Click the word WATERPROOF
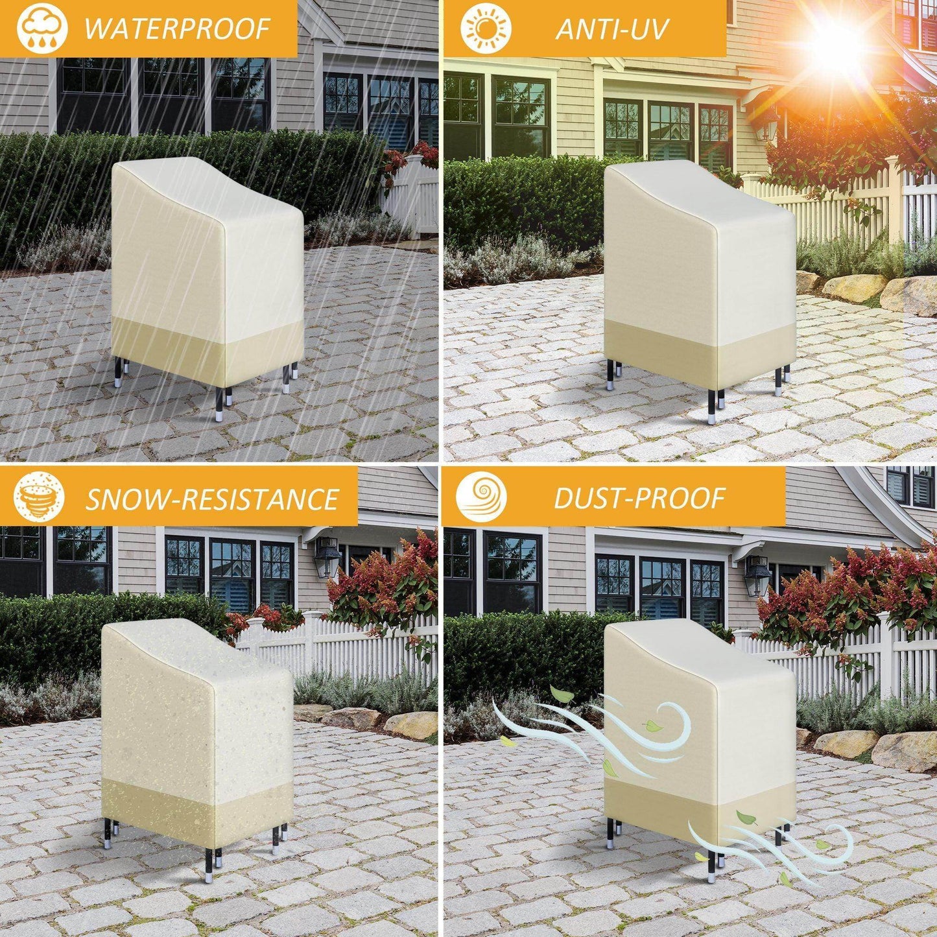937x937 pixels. [176, 29]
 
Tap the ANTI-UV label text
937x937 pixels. [611, 29]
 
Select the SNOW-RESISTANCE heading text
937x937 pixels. [212, 499]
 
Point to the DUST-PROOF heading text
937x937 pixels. [639, 497]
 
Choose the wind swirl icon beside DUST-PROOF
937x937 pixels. [482, 497]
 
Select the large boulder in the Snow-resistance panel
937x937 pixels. [412, 724]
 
